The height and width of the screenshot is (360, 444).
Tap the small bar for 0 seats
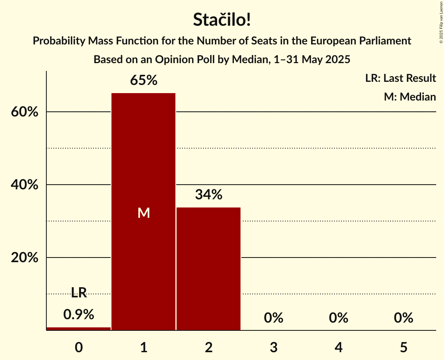pyautogui.click(x=79, y=328)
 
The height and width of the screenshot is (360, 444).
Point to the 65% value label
pyautogui.click(x=143, y=81)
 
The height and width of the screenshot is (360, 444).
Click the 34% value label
pyautogui.click(x=209, y=195)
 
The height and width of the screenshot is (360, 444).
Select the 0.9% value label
pyautogui.click(x=79, y=314)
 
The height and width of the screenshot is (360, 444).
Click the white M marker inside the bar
pyautogui.click(x=143, y=213)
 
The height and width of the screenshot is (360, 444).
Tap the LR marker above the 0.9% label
pyautogui.click(x=79, y=293)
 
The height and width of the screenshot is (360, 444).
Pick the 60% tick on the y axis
pyautogui.click(x=24, y=112)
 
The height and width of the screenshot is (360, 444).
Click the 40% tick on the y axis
pyautogui.click(x=24, y=185)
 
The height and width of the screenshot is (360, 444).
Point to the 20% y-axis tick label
pyautogui.click(x=24, y=258)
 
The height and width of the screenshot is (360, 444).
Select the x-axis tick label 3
pyautogui.click(x=273, y=347)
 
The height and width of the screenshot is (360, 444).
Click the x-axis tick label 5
pyautogui.click(x=403, y=347)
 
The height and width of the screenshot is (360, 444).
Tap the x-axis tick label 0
pyautogui.click(x=79, y=347)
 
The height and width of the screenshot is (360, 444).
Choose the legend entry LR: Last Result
pyautogui.click(x=400, y=78)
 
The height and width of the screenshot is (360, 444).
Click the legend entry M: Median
pyautogui.click(x=410, y=97)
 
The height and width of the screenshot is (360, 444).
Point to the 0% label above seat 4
pyautogui.click(x=338, y=318)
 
